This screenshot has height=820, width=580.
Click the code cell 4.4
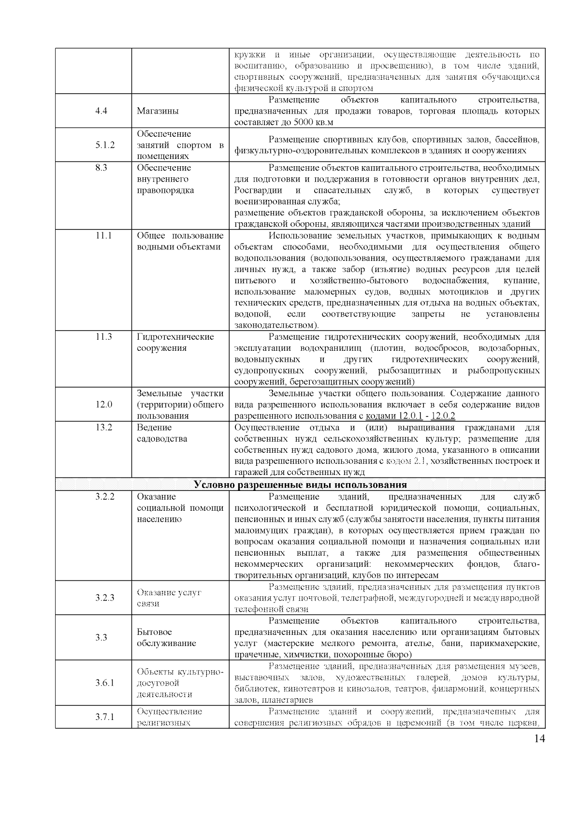[101, 111]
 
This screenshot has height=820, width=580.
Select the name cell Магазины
[158, 111]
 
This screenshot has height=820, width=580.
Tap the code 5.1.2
[105, 145]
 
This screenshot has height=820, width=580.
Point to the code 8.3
[101, 168]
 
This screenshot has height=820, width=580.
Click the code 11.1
[103, 236]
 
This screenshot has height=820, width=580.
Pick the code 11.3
[103, 337]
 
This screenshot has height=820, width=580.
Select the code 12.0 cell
[103, 404]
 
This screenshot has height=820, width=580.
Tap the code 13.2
[103, 428]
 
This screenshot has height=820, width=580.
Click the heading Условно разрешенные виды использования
[300, 485]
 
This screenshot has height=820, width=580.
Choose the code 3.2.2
[105, 497]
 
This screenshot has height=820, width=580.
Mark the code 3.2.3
[105, 598]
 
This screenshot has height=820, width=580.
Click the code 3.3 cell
[101, 637]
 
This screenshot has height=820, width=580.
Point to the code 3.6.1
[105, 683]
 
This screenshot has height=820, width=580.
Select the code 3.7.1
[105, 717]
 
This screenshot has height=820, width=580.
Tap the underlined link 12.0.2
[443, 416]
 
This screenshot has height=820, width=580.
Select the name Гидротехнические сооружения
[175, 342]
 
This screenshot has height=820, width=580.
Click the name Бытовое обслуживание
[166, 637]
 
